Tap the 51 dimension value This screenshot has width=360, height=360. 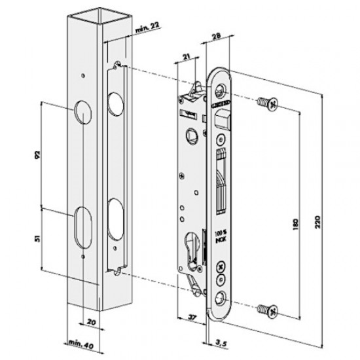point(37,239)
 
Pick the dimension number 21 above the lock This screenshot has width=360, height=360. point(187,58)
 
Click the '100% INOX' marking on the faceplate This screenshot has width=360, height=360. point(219,236)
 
